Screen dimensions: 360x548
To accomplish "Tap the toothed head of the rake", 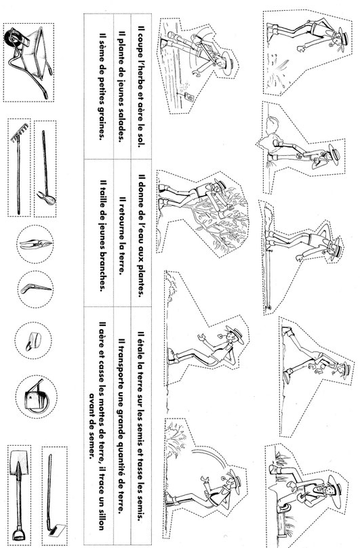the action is (x=18, y=134).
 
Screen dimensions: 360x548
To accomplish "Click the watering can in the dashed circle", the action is (x=36, y=397).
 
